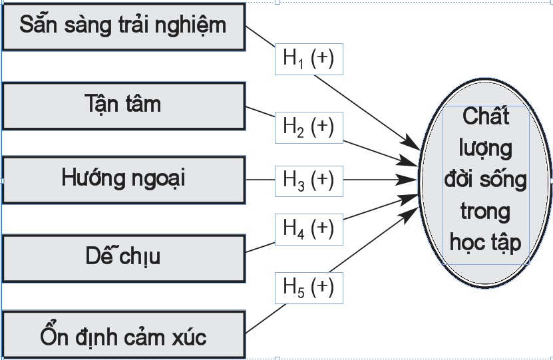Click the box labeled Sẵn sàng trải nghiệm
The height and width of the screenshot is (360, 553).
click(x=124, y=27)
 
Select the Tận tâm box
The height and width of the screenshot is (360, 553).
click(x=124, y=105)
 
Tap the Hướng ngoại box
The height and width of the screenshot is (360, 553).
click(x=124, y=179)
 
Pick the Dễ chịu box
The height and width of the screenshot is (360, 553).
click(x=124, y=256)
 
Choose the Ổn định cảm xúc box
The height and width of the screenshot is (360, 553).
click(x=124, y=335)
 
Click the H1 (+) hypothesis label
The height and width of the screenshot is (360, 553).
click(x=309, y=59)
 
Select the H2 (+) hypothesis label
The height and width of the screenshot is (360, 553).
click(x=309, y=126)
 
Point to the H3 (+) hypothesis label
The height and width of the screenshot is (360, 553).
click(x=309, y=180)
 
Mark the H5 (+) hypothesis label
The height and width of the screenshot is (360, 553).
click(x=309, y=287)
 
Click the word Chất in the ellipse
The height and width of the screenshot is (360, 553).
click(x=486, y=116)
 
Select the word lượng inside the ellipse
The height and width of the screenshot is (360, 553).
click(x=486, y=148)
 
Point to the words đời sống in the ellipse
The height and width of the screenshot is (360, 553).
click(x=486, y=179)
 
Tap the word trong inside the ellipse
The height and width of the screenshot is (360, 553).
click(x=486, y=211)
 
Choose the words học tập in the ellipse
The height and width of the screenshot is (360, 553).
click(x=486, y=243)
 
